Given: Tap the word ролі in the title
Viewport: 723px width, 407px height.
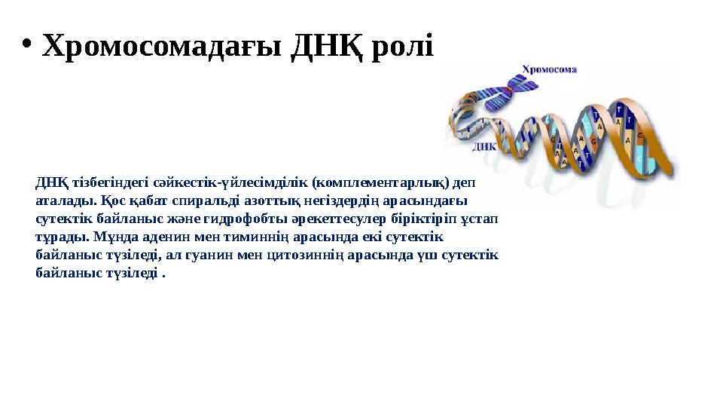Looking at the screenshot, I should pos(405,47).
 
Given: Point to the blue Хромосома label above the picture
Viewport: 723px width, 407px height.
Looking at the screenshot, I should pos(549,69).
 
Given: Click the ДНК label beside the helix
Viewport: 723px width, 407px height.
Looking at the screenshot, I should pos(483,147).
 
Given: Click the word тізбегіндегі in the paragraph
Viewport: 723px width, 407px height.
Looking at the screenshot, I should pos(96,182).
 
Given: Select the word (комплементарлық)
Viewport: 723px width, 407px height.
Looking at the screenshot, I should pos(380,182).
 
